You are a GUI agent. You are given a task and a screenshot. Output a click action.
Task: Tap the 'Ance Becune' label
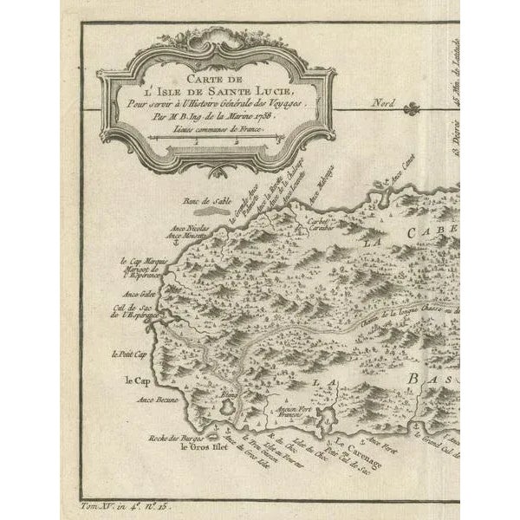pyautogui.click(x=157, y=400)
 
